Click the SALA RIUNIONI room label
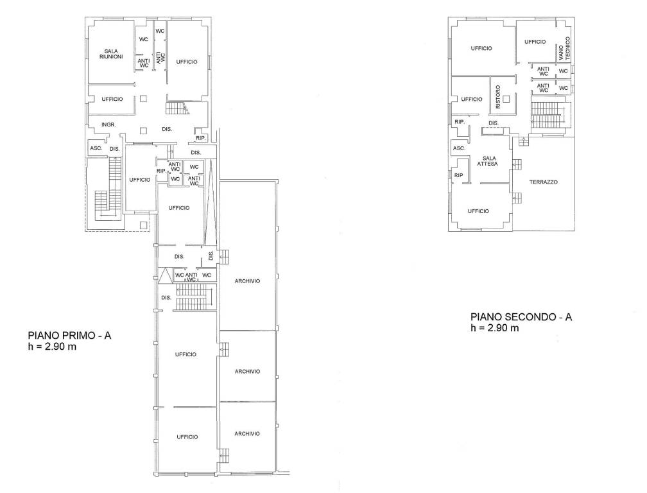[111, 54]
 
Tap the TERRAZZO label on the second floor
[544, 182]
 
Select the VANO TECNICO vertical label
[564, 49]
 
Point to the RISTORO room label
[497, 97]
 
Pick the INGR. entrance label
[108, 124]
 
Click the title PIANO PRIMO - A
[69, 335]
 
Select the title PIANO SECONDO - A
[521, 317]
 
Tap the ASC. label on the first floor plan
[96, 148]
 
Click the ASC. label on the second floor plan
[460, 148]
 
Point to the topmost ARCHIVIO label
[247, 281]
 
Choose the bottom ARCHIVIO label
[247, 433]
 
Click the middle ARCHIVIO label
[247, 371]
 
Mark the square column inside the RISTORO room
[506, 99]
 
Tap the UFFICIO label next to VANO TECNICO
[535, 42]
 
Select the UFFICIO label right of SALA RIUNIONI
[187, 62]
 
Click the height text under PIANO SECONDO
[495, 328]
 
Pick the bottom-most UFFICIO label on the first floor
[187, 437]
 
